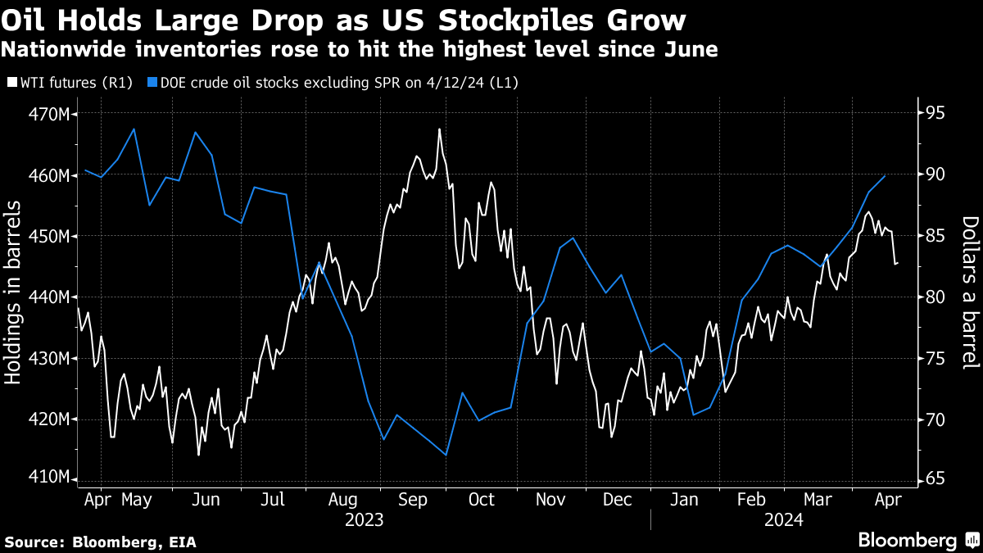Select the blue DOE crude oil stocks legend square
(152, 82)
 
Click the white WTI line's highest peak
(440, 129)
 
